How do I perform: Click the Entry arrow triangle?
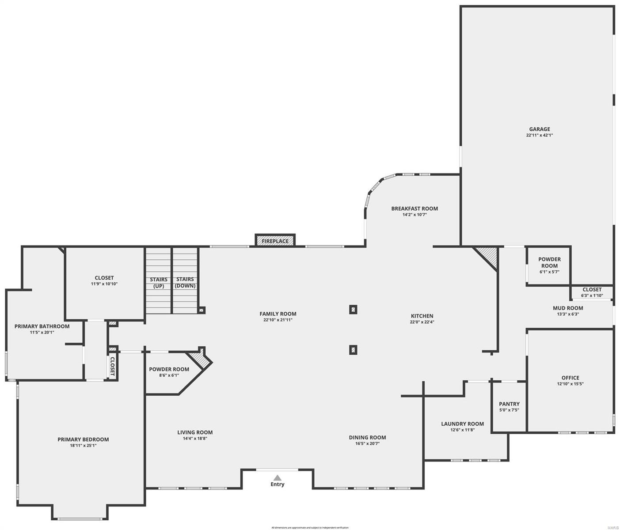pyautogui.click(x=277, y=477)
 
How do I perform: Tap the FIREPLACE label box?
pyautogui.click(x=275, y=241)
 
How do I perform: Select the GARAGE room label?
pyautogui.click(x=540, y=129)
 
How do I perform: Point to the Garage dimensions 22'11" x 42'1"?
pyautogui.click(x=540, y=136)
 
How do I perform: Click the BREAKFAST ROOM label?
pyautogui.click(x=415, y=208)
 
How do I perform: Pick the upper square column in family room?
pyautogui.click(x=353, y=310)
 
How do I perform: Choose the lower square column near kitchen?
pyautogui.click(x=353, y=350)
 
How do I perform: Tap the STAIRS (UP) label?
pyautogui.click(x=159, y=283)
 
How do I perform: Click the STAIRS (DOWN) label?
pyautogui.click(x=185, y=283)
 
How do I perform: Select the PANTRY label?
pyautogui.click(x=509, y=404)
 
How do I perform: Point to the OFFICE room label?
pyautogui.click(x=570, y=378)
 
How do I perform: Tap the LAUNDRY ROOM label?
pyautogui.click(x=462, y=424)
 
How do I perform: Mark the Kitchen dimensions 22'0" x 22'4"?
pyautogui.click(x=422, y=322)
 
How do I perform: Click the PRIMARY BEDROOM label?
pyautogui.click(x=83, y=439)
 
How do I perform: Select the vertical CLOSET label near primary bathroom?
pyautogui.click(x=113, y=366)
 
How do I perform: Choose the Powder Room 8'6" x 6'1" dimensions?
pyautogui.click(x=169, y=375)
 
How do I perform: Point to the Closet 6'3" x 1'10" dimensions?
pyautogui.click(x=592, y=296)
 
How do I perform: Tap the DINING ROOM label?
pyautogui.click(x=367, y=437)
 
